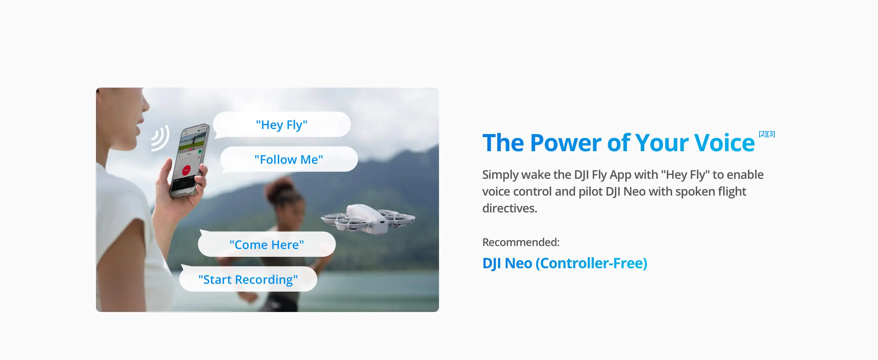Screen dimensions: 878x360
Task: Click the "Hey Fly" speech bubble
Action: coord(282,125)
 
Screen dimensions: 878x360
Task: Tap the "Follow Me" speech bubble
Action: coord(289,160)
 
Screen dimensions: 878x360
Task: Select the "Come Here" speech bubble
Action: coord(267,244)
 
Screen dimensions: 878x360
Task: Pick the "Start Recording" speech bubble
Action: coord(248,279)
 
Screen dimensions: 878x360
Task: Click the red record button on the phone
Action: coord(187,170)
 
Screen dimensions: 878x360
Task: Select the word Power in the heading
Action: coord(566,142)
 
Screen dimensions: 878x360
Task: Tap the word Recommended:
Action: coord(521,242)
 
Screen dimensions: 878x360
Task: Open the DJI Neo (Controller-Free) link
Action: coord(565,263)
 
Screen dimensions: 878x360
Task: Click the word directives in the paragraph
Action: coord(509,208)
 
